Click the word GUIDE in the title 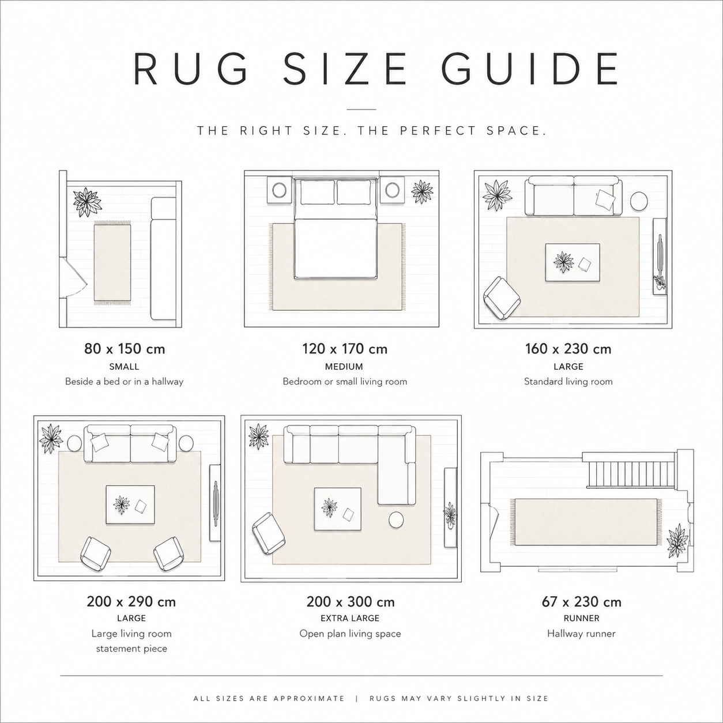point(529,69)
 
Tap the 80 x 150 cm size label point(125,349)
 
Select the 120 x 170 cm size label point(345,349)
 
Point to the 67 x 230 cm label point(581,602)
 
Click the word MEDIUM point(344,367)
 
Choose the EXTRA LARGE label point(350,618)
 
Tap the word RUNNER point(582,618)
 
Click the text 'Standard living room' point(568,382)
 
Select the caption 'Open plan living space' point(350,634)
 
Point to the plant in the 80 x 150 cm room point(88,202)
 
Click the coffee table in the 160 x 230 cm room point(572,262)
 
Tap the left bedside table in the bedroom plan point(280,191)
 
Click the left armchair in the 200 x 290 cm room point(96,555)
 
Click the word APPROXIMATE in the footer point(309,699)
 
